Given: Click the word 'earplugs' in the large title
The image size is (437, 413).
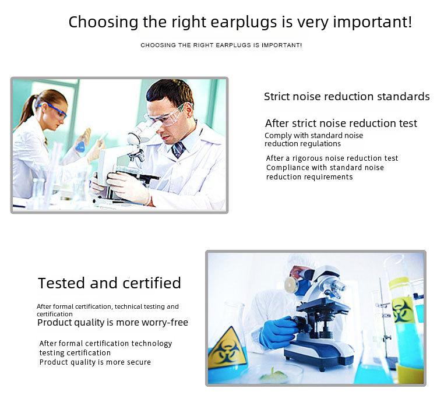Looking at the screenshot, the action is (244, 23).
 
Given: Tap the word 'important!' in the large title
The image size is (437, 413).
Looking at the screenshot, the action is (372, 22).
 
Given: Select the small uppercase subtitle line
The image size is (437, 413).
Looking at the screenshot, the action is (221, 45).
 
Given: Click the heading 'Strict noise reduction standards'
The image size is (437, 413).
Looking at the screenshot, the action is (347, 97).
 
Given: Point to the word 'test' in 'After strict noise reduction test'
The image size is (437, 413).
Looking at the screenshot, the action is (408, 123).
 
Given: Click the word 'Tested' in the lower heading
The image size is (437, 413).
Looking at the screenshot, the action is (61, 283).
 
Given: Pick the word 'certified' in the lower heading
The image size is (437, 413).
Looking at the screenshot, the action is (152, 283).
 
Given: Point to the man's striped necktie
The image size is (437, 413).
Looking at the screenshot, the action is (178, 150).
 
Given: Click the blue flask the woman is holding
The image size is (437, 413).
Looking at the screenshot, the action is (81, 146).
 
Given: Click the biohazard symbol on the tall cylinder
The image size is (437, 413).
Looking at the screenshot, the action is (401, 309).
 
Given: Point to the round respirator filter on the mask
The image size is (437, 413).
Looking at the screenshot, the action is (290, 285).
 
